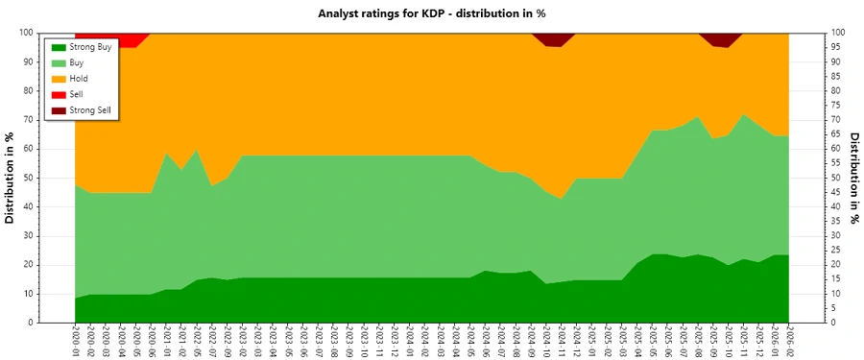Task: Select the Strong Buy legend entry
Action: click(x=89, y=46)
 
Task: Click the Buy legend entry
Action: click(x=77, y=62)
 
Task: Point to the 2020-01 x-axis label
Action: click(x=76, y=342)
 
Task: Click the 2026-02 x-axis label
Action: click(x=789, y=342)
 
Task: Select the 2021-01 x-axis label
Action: click(x=167, y=342)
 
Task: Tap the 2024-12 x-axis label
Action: click(x=576, y=342)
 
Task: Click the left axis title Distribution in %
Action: click(x=11, y=178)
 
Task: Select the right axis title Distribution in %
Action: click(x=853, y=178)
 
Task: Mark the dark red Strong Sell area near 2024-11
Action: click(x=553, y=38)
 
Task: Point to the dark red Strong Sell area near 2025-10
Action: click(x=721, y=38)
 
